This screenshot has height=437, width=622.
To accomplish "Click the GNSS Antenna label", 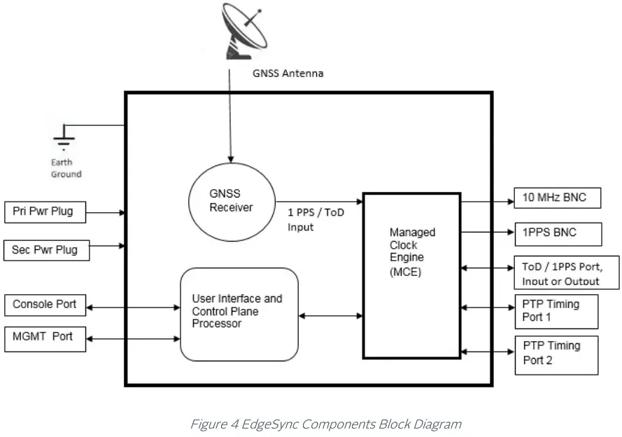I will (x=287, y=73).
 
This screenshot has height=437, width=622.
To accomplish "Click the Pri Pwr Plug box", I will (x=45, y=211).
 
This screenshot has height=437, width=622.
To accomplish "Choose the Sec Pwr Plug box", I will (x=46, y=249).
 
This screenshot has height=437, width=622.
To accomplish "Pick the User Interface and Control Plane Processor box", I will (x=239, y=314).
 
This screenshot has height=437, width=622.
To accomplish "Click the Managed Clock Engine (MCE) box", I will (x=411, y=275).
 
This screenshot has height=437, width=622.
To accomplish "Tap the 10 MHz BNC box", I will (x=558, y=198).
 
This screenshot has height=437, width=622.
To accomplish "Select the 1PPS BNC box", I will (x=558, y=234).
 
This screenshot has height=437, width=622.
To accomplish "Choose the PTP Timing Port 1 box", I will (x=556, y=311).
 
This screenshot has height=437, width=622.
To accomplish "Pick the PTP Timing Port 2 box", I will (x=556, y=354).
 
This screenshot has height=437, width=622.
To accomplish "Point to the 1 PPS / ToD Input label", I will (x=316, y=219).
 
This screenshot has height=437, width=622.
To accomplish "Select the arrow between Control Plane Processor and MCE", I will (x=330, y=316).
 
